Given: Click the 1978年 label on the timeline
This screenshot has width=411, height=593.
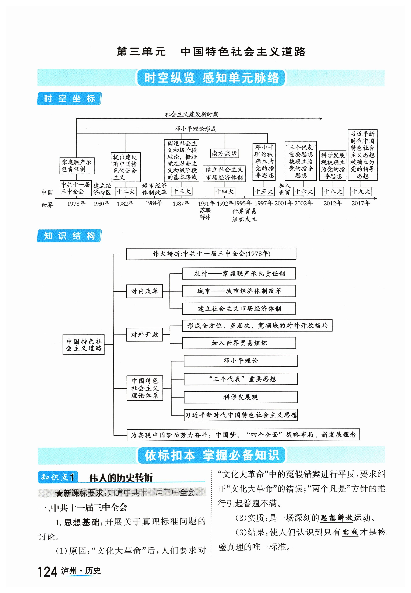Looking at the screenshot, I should coord(76,204).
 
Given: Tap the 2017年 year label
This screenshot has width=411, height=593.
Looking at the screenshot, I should coord(361,203).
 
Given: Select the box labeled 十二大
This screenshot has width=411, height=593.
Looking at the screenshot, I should coord(126,191).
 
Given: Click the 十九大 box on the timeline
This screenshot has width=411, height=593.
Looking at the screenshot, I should coord(361,191).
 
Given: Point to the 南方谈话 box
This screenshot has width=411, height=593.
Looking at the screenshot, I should coord(224,153).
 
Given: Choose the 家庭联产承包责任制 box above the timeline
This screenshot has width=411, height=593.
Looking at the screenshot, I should coord(77,166).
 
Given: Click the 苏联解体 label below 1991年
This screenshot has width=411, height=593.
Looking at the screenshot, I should coord(205,214).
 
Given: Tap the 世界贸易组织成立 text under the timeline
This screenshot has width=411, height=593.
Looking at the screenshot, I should coord(244,215).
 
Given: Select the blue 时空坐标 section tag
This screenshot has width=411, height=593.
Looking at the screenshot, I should coord(69,98).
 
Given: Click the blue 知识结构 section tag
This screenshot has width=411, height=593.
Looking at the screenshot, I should coord(69,236).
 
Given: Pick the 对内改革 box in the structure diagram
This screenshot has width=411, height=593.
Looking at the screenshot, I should coord(144,291).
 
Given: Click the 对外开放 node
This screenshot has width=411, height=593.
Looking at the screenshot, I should coord(144,334).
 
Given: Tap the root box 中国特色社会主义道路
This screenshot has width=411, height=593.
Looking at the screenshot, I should coord(84,344).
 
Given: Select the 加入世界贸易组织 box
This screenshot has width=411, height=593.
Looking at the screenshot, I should coord(239,343).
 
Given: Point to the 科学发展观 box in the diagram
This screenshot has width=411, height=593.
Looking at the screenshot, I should coord(240,397).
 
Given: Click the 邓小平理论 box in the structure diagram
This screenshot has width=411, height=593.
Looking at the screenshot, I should coord(240,361).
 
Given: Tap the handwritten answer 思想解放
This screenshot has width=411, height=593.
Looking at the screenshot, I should coord(336,518).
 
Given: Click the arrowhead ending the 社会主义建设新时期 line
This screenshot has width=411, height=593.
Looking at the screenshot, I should coord(321,119).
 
